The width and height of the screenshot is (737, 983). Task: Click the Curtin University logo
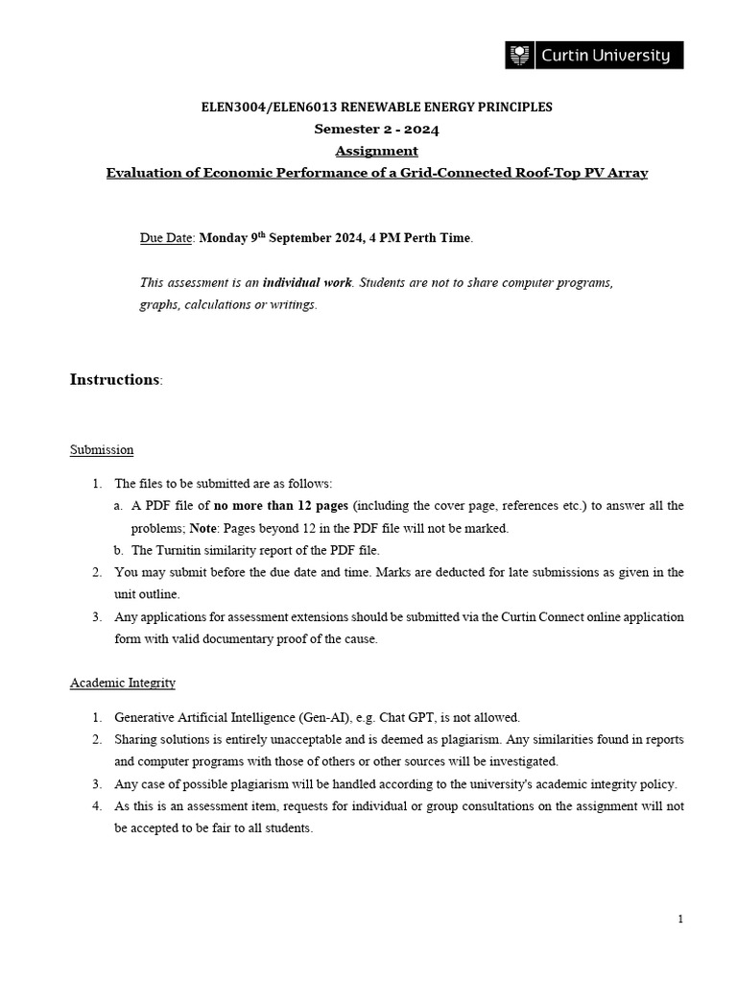point(594,56)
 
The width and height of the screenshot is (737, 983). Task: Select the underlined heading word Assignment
point(376,151)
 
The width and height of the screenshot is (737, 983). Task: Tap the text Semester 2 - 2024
point(376,129)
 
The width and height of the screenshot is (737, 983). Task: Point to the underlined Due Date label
point(166,238)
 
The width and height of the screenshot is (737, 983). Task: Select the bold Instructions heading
point(114,379)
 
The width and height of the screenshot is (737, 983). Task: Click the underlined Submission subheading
point(102,449)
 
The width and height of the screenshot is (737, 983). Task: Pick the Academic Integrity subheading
point(123,683)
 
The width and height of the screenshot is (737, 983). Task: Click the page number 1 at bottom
point(680,920)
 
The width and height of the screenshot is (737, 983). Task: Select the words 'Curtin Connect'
point(537,617)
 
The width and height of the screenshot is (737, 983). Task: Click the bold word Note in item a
point(203,528)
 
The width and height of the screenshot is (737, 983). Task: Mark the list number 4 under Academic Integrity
point(97,805)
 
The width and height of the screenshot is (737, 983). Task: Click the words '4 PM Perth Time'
point(424,238)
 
